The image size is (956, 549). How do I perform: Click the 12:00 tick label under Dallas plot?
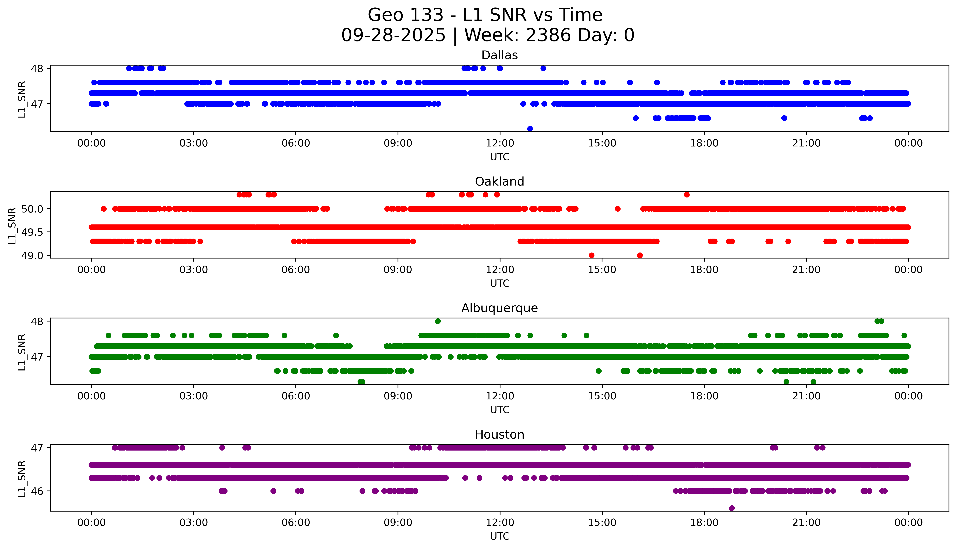click(x=500, y=143)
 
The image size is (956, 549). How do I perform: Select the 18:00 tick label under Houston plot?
click(x=704, y=523)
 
